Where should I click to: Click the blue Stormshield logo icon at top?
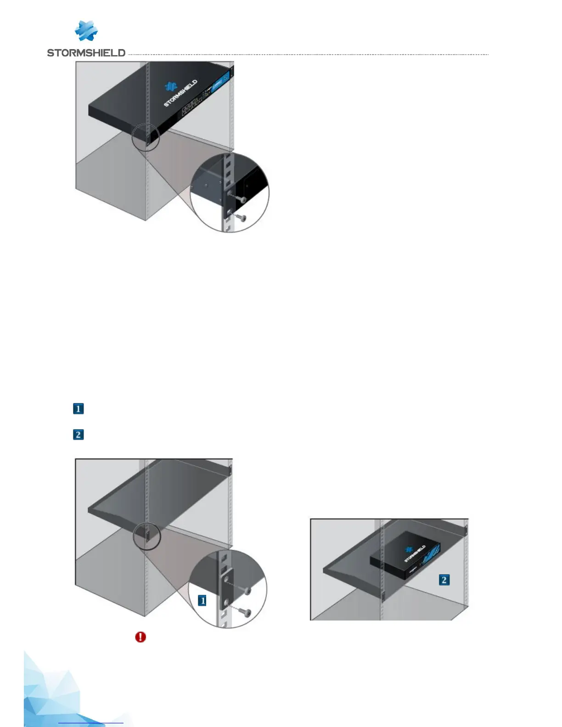click(x=86, y=31)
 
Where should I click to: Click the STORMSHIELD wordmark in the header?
click(x=86, y=53)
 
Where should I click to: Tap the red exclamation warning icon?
click(x=140, y=637)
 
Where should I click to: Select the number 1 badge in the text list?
click(x=79, y=408)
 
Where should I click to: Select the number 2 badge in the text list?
click(x=79, y=434)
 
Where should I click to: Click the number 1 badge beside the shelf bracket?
click(x=202, y=600)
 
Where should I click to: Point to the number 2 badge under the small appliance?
click(x=444, y=580)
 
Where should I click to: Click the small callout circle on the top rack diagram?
click(x=146, y=137)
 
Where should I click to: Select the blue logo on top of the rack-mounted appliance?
click(x=171, y=86)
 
